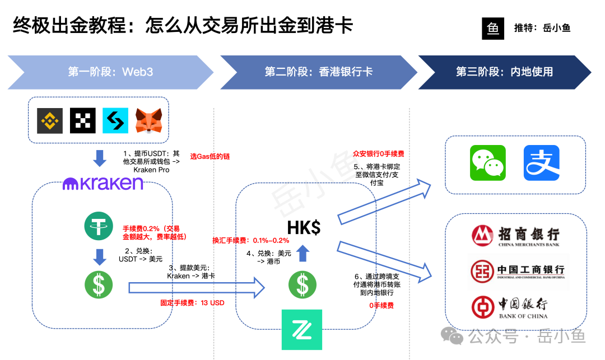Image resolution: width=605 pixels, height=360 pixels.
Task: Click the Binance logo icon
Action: coord(50,120)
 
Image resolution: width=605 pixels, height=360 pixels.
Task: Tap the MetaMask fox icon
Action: coord(148,120)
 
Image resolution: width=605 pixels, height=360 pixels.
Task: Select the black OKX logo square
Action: coord(83,120)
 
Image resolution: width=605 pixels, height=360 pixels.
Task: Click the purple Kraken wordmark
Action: coord(103,183)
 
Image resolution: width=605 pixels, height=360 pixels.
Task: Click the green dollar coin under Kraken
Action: coord(99,284)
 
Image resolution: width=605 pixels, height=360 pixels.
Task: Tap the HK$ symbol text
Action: coord(304,227)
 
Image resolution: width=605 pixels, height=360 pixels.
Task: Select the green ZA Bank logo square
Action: coord(302,329)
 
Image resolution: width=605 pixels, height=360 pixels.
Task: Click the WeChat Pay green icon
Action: coord(487,163)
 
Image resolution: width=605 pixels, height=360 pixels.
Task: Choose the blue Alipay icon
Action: coord(541,163)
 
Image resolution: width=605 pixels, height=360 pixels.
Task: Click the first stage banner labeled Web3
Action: coord(110,72)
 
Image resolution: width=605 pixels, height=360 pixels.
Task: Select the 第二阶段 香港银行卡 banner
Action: coord(318,72)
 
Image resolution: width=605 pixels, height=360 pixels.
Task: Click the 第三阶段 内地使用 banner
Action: coord(504,72)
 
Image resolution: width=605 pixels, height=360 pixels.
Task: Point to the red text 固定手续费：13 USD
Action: coord(192,303)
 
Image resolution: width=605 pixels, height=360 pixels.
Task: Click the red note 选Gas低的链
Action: coord(210,157)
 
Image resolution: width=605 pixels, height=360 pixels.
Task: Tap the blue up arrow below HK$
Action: coord(302,254)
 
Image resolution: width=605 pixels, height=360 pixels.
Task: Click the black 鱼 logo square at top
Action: coord(493,29)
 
